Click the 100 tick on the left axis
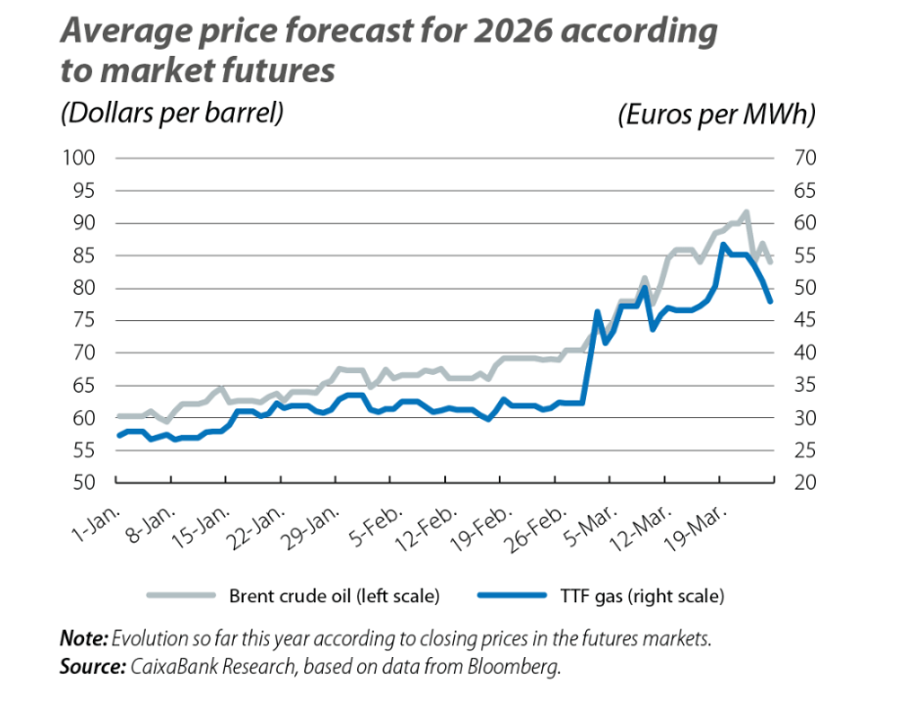(80, 158)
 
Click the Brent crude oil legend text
(334, 594)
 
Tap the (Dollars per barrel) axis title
(172, 113)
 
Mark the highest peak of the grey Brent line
(747, 211)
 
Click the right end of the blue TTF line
(771, 301)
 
